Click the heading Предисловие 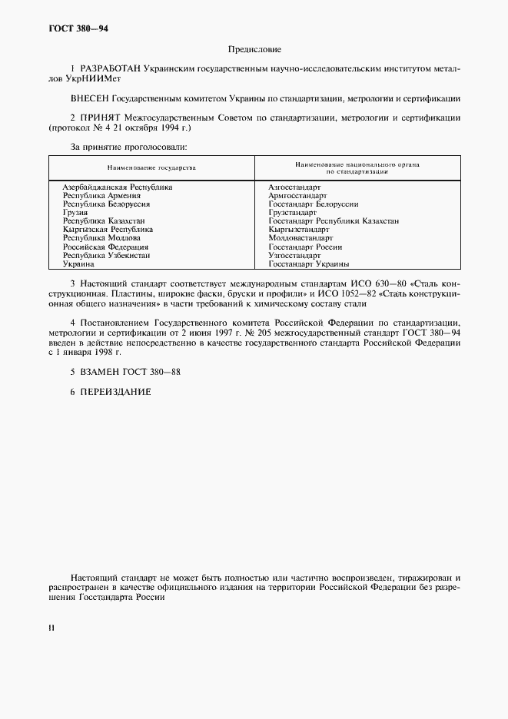coord(254,50)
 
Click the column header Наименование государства coord(151,167)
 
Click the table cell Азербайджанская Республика coord(117,187)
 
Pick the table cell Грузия coord(75,212)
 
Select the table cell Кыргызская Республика coord(108,229)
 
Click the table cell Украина coord(78,263)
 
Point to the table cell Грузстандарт coord(292,212)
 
